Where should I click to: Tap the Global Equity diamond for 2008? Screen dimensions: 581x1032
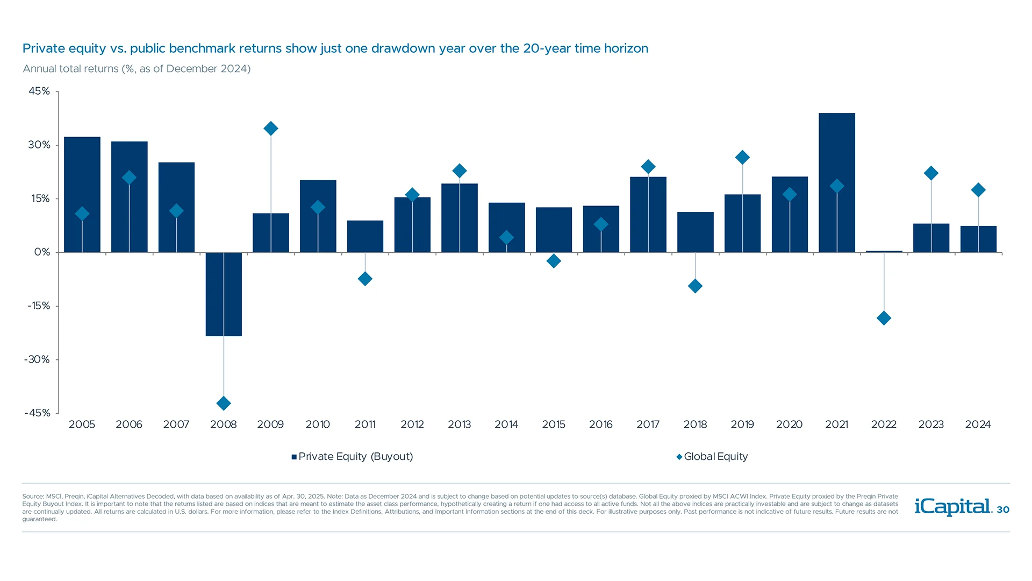pos(224,403)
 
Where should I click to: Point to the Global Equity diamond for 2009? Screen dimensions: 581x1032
pos(271,129)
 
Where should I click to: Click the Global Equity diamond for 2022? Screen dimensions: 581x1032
pos(884,318)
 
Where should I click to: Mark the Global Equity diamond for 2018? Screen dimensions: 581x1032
pos(695,286)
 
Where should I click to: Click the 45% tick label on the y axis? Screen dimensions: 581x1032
pos(39,91)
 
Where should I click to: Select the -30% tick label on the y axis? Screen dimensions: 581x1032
pos(37,359)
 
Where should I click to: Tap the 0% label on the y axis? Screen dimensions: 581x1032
pos(42,252)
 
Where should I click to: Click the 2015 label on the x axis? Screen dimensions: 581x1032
pos(554,424)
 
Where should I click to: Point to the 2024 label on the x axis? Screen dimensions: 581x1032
pos(978,424)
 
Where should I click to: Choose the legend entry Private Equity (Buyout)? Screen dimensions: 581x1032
pos(355,457)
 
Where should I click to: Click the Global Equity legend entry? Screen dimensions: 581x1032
pos(715,457)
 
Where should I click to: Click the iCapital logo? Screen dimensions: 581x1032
pos(952,506)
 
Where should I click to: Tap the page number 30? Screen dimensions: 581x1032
pos(1003,509)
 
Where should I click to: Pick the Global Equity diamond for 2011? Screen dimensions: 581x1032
pos(365,279)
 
